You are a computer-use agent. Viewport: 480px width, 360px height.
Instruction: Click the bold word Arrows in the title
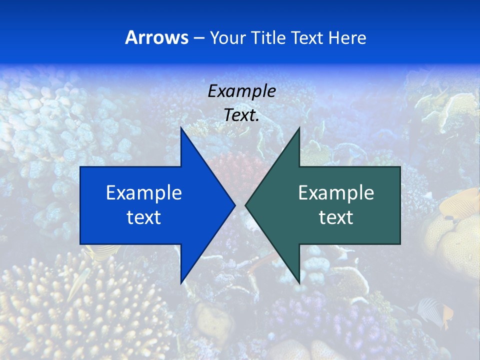pos(156,37)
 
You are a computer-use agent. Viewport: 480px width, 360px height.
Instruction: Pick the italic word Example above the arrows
pos(241,91)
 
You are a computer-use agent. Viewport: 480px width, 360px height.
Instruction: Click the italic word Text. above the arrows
pos(241,115)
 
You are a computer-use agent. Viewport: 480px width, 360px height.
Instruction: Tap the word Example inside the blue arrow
pos(143,192)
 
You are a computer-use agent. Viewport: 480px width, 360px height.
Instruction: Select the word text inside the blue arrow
pos(143,217)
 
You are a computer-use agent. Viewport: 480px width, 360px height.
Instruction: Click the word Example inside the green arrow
pos(336,192)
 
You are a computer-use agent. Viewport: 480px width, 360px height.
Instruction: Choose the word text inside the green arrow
pos(336,217)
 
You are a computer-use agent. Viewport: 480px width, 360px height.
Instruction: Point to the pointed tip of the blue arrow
pos(235,205)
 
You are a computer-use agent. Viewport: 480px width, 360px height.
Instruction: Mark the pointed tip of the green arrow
pos(245,205)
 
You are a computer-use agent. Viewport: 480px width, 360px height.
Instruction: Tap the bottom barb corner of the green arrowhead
pos(299,282)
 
